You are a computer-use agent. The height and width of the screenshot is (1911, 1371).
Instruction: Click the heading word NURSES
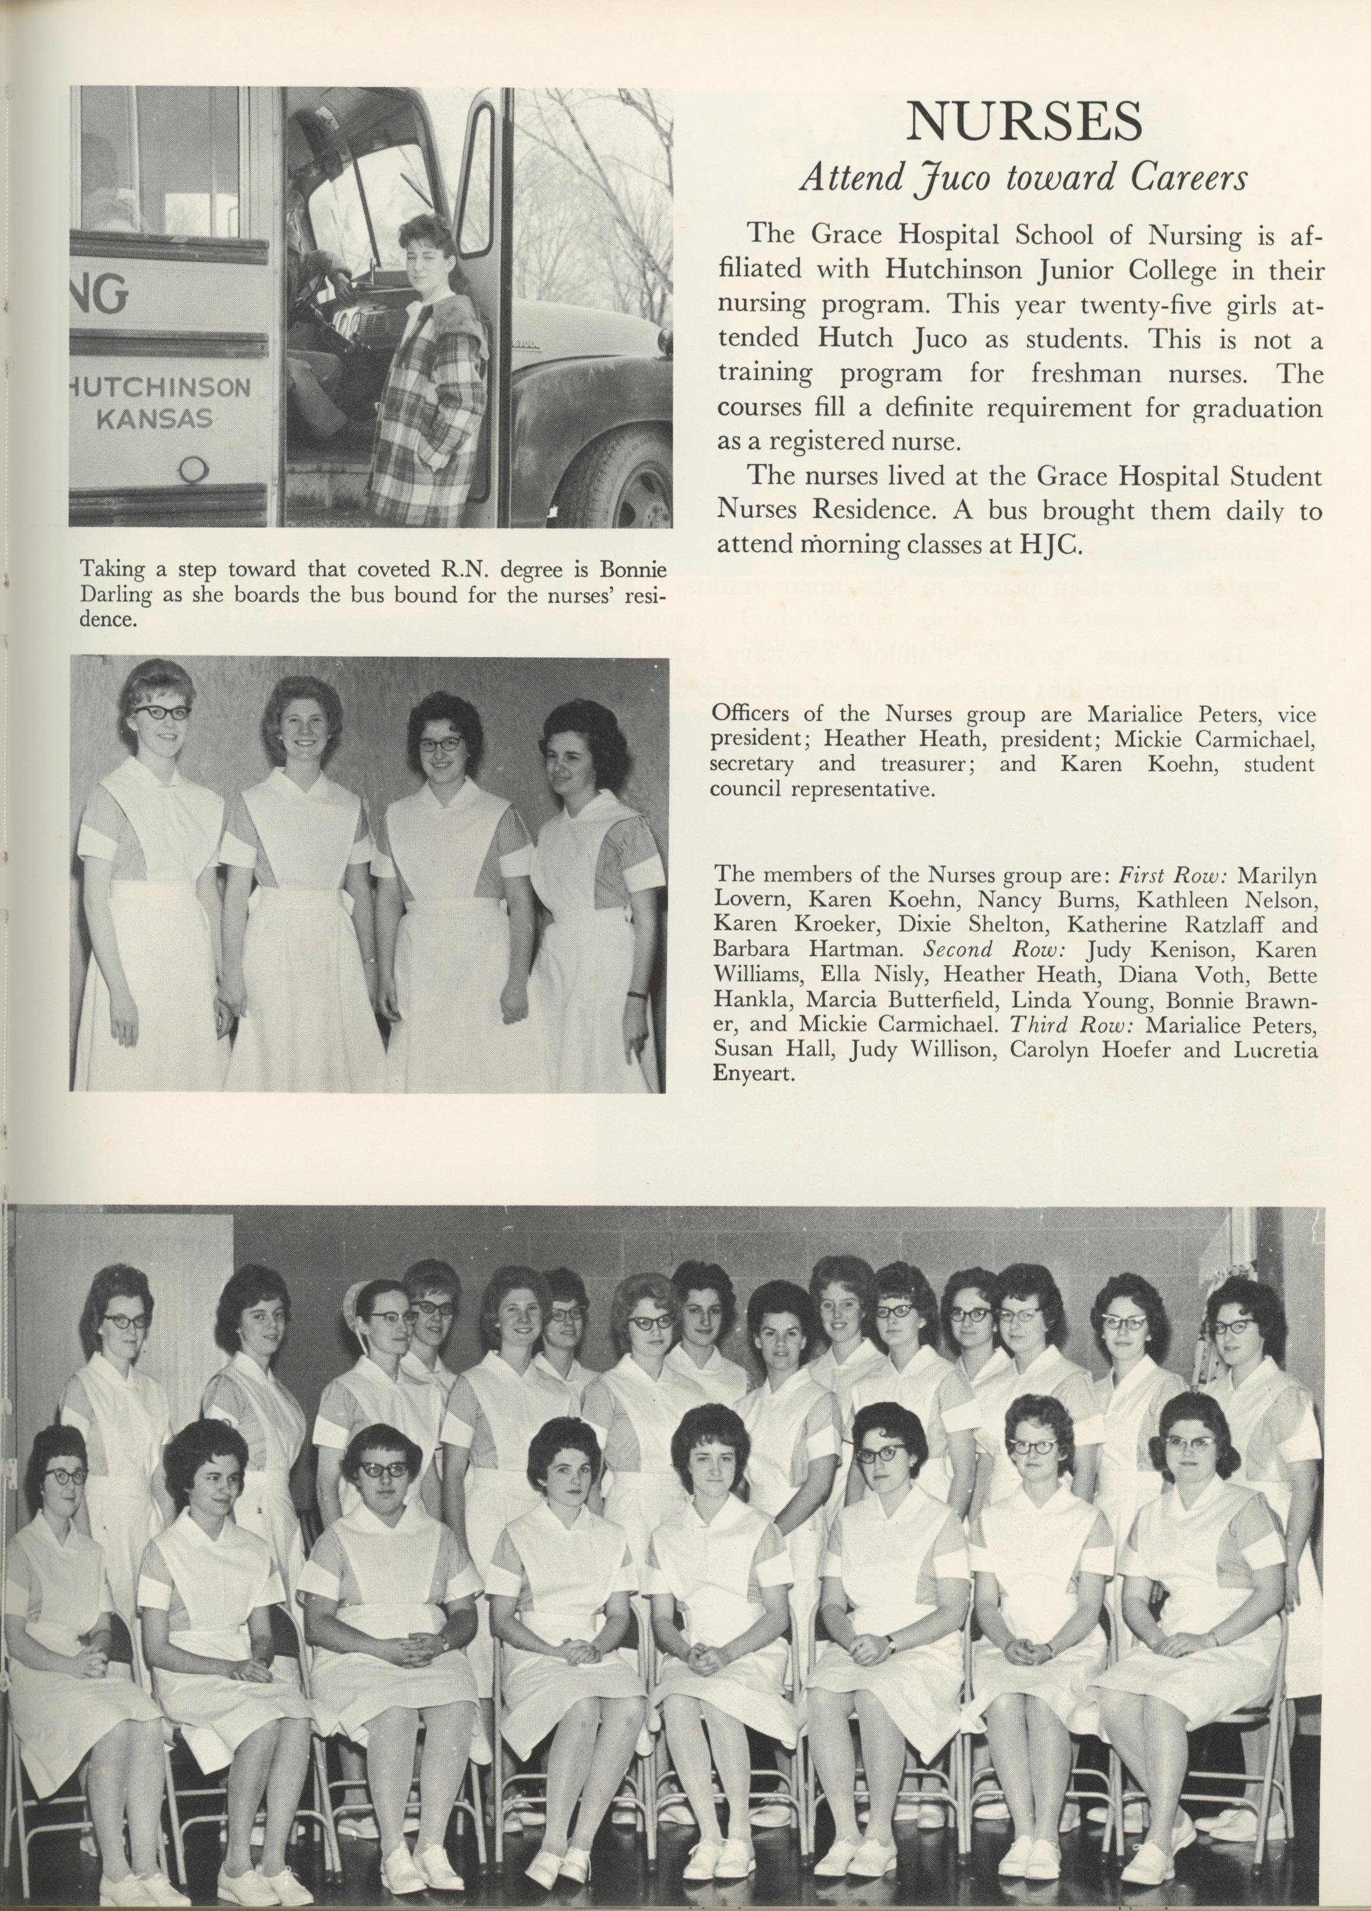[1024, 123]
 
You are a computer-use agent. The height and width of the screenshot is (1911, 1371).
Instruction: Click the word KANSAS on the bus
[155, 419]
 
